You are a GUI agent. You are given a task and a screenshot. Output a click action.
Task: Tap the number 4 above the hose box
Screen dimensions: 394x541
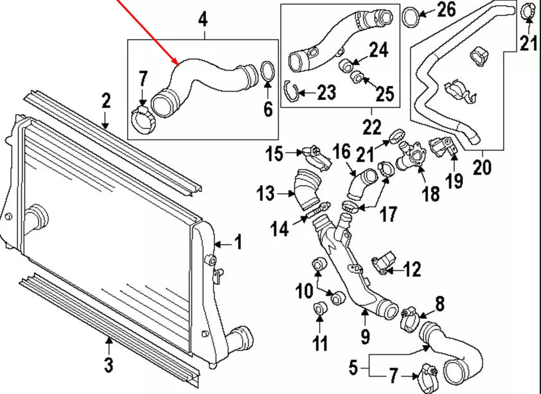(202, 20)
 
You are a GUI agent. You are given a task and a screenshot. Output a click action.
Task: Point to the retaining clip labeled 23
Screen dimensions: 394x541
(293, 92)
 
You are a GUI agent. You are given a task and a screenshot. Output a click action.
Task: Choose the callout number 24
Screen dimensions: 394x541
(378, 49)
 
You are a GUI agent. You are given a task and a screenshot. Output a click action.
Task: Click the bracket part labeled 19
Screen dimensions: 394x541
(445, 146)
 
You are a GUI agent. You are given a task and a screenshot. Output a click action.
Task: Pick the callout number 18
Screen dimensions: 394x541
(430, 193)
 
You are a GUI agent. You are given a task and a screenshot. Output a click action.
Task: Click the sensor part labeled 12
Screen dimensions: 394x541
(381, 265)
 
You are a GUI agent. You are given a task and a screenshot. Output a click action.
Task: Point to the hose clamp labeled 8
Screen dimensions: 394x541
(407, 318)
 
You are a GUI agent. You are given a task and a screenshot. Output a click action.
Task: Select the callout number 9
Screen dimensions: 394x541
(365, 334)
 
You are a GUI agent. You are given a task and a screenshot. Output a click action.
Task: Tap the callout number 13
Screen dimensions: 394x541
(266, 192)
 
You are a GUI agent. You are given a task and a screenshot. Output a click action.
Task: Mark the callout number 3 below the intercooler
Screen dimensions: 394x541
(109, 365)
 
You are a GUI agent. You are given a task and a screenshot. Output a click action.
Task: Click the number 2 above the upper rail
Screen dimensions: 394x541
(106, 101)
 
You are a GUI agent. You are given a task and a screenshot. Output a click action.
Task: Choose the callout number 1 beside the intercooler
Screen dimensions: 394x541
(237, 243)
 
